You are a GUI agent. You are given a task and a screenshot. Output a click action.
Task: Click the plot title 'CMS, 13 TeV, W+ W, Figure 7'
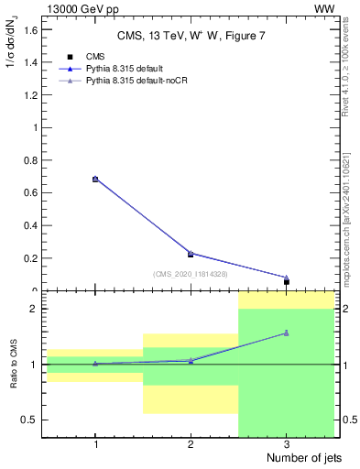(191, 36)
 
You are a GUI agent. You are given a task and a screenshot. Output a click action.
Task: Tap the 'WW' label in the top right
(324, 8)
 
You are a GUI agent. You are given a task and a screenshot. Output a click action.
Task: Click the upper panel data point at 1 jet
(95, 180)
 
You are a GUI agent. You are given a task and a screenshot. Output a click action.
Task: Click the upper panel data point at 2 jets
(191, 254)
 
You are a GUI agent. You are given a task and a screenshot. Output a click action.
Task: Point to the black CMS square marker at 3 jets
(287, 282)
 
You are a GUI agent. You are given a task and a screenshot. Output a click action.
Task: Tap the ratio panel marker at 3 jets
(287, 333)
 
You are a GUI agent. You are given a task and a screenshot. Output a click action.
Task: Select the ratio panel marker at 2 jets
(191, 361)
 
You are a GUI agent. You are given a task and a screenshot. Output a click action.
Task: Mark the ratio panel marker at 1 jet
(95, 364)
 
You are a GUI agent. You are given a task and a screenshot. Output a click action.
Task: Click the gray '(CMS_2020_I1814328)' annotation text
(191, 274)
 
